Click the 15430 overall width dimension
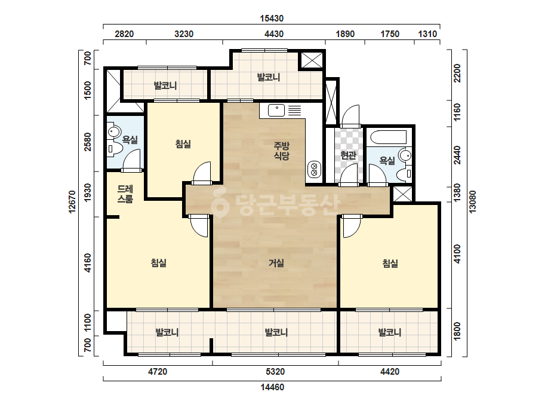point(272,19)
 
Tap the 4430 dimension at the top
point(274,34)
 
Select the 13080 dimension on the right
point(472,201)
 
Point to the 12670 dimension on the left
point(72,201)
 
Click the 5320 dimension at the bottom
point(275,372)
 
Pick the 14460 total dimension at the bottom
point(272,387)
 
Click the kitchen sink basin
point(276,110)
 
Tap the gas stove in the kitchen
point(314,169)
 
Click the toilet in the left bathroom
point(115,149)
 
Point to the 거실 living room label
point(276,263)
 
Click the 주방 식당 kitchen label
point(282,151)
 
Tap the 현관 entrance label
point(348,155)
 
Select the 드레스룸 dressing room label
point(125,194)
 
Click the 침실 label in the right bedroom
point(390,263)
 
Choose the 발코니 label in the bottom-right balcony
point(389,332)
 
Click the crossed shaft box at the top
point(312,60)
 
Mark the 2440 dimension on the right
point(457,155)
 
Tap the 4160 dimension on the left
point(88,263)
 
